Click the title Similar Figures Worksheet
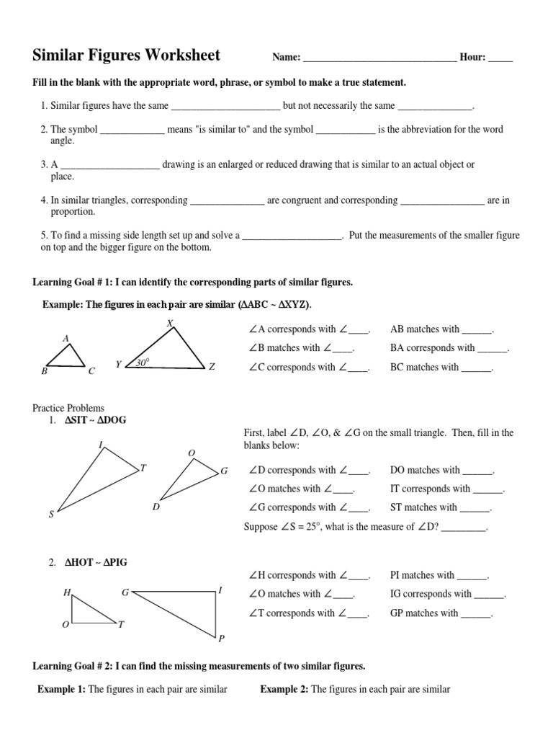(127, 55)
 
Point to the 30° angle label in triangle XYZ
(143, 363)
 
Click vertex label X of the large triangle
(170, 324)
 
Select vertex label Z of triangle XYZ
(212, 367)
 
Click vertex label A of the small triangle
(66, 338)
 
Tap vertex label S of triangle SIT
(50, 514)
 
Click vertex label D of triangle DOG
(156, 507)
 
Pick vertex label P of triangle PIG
(222, 639)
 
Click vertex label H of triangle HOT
(66, 592)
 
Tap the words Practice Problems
(73, 408)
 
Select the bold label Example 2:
(284, 690)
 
